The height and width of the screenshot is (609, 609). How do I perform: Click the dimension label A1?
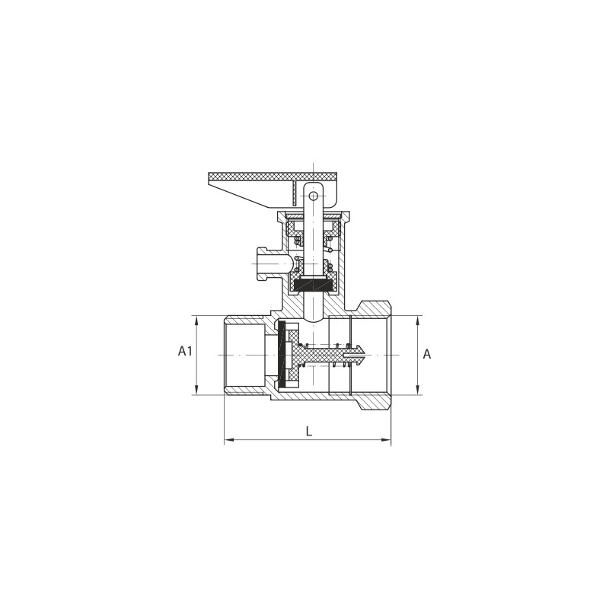coord(185,352)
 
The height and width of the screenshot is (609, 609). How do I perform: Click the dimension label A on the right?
coord(426,354)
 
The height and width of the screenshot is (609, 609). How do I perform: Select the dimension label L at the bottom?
coord(309,431)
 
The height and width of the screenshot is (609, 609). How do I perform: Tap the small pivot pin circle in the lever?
coord(314,196)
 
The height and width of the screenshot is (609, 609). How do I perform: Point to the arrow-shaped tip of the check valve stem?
coord(359,354)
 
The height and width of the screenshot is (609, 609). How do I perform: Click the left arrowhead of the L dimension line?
coord(230,440)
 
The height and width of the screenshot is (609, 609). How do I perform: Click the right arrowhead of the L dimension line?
coord(386,440)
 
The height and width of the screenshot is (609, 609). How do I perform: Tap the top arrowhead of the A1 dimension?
coord(196,320)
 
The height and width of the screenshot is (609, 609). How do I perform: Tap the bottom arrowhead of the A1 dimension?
coord(196,390)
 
